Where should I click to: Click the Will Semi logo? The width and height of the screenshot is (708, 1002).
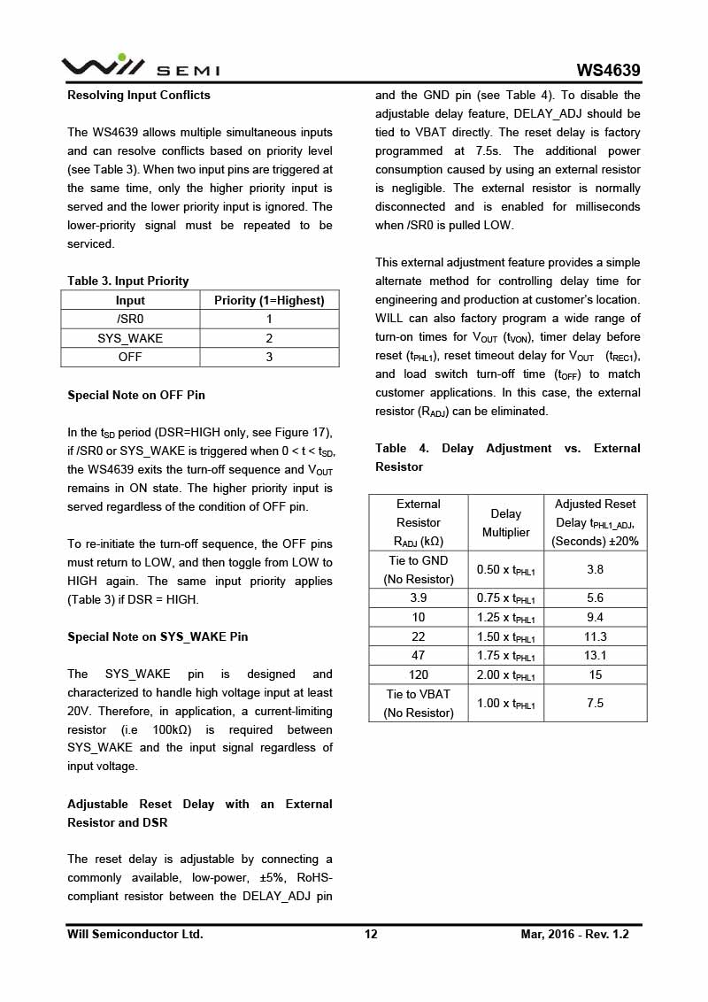click(x=140, y=66)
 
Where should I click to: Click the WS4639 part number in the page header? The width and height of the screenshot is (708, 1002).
click(x=608, y=70)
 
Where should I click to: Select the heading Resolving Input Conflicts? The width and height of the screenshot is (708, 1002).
click(x=139, y=95)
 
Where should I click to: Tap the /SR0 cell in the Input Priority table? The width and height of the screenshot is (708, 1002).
click(x=130, y=319)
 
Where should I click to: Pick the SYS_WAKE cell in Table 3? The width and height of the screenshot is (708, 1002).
click(x=130, y=338)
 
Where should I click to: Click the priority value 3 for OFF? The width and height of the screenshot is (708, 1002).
click(x=269, y=357)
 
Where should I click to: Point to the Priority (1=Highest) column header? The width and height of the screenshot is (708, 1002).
click(x=269, y=300)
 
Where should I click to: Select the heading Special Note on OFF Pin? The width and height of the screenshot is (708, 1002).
click(x=136, y=395)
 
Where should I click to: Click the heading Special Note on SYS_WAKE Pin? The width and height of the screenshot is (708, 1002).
click(x=158, y=636)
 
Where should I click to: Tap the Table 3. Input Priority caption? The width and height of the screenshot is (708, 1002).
click(x=128, y=281)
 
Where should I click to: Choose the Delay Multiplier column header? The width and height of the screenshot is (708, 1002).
click(x=506, y=522)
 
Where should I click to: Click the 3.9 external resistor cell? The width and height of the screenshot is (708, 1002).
click(x=419, y=598)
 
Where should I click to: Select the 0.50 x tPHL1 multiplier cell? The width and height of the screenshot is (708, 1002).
click(x=506, y=570)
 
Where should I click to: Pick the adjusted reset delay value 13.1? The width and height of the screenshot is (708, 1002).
click(x=596, y=656)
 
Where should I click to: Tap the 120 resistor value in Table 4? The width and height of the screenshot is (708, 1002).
click(x=419, y=674)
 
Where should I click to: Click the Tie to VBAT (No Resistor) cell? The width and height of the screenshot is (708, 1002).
click(x=419, y=703)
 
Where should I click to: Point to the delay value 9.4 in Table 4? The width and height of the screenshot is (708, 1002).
click(x=596, y=618)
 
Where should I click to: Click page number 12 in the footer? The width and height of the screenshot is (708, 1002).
click(x=371, y=934)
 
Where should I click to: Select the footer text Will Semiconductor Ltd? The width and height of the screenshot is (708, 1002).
click(x=135, y=934)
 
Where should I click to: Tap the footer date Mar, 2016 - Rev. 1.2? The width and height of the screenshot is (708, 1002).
click(x=574, y=934)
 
